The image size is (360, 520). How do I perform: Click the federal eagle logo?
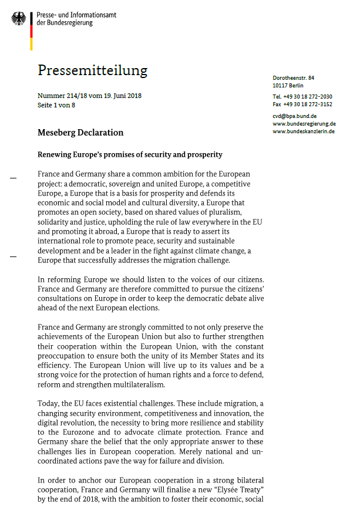click(x=19, y=19)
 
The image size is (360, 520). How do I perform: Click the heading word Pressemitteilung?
click(x=92, y=70)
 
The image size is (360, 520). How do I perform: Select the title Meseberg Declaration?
click(x=80, y=132)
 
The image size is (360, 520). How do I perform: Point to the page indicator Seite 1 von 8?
click(x=56, y=105)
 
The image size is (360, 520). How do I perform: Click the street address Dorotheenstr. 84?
click(x=294, y=78)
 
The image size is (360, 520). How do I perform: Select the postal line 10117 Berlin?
click(x=289, y=86)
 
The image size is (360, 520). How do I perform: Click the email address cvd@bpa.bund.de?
click(x=295, y=116)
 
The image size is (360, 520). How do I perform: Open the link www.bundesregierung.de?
click(x=304, y=124)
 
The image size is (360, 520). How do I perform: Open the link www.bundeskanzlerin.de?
click(x=304, y=131)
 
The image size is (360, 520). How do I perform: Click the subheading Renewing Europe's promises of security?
click(x=130, y=155)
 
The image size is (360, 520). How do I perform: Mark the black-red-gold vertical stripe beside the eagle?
click(x=31, y=29)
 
